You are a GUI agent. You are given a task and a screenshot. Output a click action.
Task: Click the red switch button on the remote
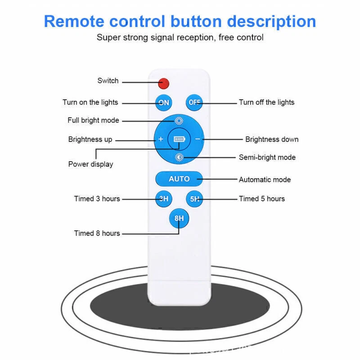[x=163, y=83]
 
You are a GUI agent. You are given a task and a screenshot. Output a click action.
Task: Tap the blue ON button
[x=164, y=103]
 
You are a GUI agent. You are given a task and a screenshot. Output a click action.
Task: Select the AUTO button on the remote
[x=179, y=179]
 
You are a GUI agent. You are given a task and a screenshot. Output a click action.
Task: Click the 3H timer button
[x=164, y=198]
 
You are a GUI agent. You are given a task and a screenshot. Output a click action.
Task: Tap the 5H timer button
[x=194, y=198]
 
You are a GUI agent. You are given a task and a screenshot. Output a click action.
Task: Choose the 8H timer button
[x=179, y=219]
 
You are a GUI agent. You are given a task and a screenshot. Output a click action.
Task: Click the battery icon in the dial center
[x=179, y=139]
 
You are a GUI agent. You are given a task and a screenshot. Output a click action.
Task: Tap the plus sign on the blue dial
[x=161, y=139]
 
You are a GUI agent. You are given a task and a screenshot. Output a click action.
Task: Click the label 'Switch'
[x=108, y=81]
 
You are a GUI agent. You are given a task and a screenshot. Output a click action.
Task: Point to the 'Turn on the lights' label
[x=90, y=103]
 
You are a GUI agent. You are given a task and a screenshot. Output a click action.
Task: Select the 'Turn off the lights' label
[x=266, y=103]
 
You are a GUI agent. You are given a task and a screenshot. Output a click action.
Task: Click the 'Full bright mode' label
[x=93, y=121]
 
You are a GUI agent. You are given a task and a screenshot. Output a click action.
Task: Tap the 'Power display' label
[x=90, y=164]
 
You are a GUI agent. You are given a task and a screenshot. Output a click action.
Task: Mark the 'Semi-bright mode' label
[x=267, y=157]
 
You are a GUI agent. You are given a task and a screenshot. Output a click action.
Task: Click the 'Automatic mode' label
[x=265, y=180]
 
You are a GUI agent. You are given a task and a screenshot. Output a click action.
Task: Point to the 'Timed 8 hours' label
[x=97, y=233]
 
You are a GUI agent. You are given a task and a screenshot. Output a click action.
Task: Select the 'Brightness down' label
[x=272, y=139]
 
